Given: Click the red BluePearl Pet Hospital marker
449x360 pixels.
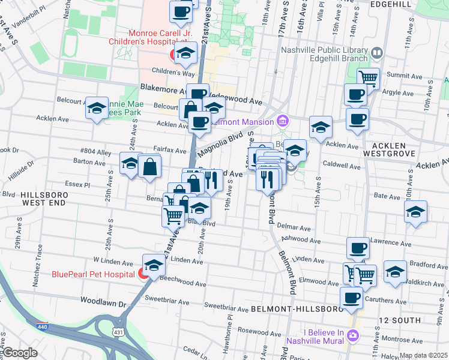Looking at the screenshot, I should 143,274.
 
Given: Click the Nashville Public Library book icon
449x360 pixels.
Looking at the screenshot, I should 376,53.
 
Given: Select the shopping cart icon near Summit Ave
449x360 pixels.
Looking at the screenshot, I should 368,77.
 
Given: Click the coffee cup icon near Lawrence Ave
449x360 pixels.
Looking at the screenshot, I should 358,247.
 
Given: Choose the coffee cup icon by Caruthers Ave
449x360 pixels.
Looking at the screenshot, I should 351,297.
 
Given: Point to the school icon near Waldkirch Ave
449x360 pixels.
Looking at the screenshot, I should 394,271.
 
